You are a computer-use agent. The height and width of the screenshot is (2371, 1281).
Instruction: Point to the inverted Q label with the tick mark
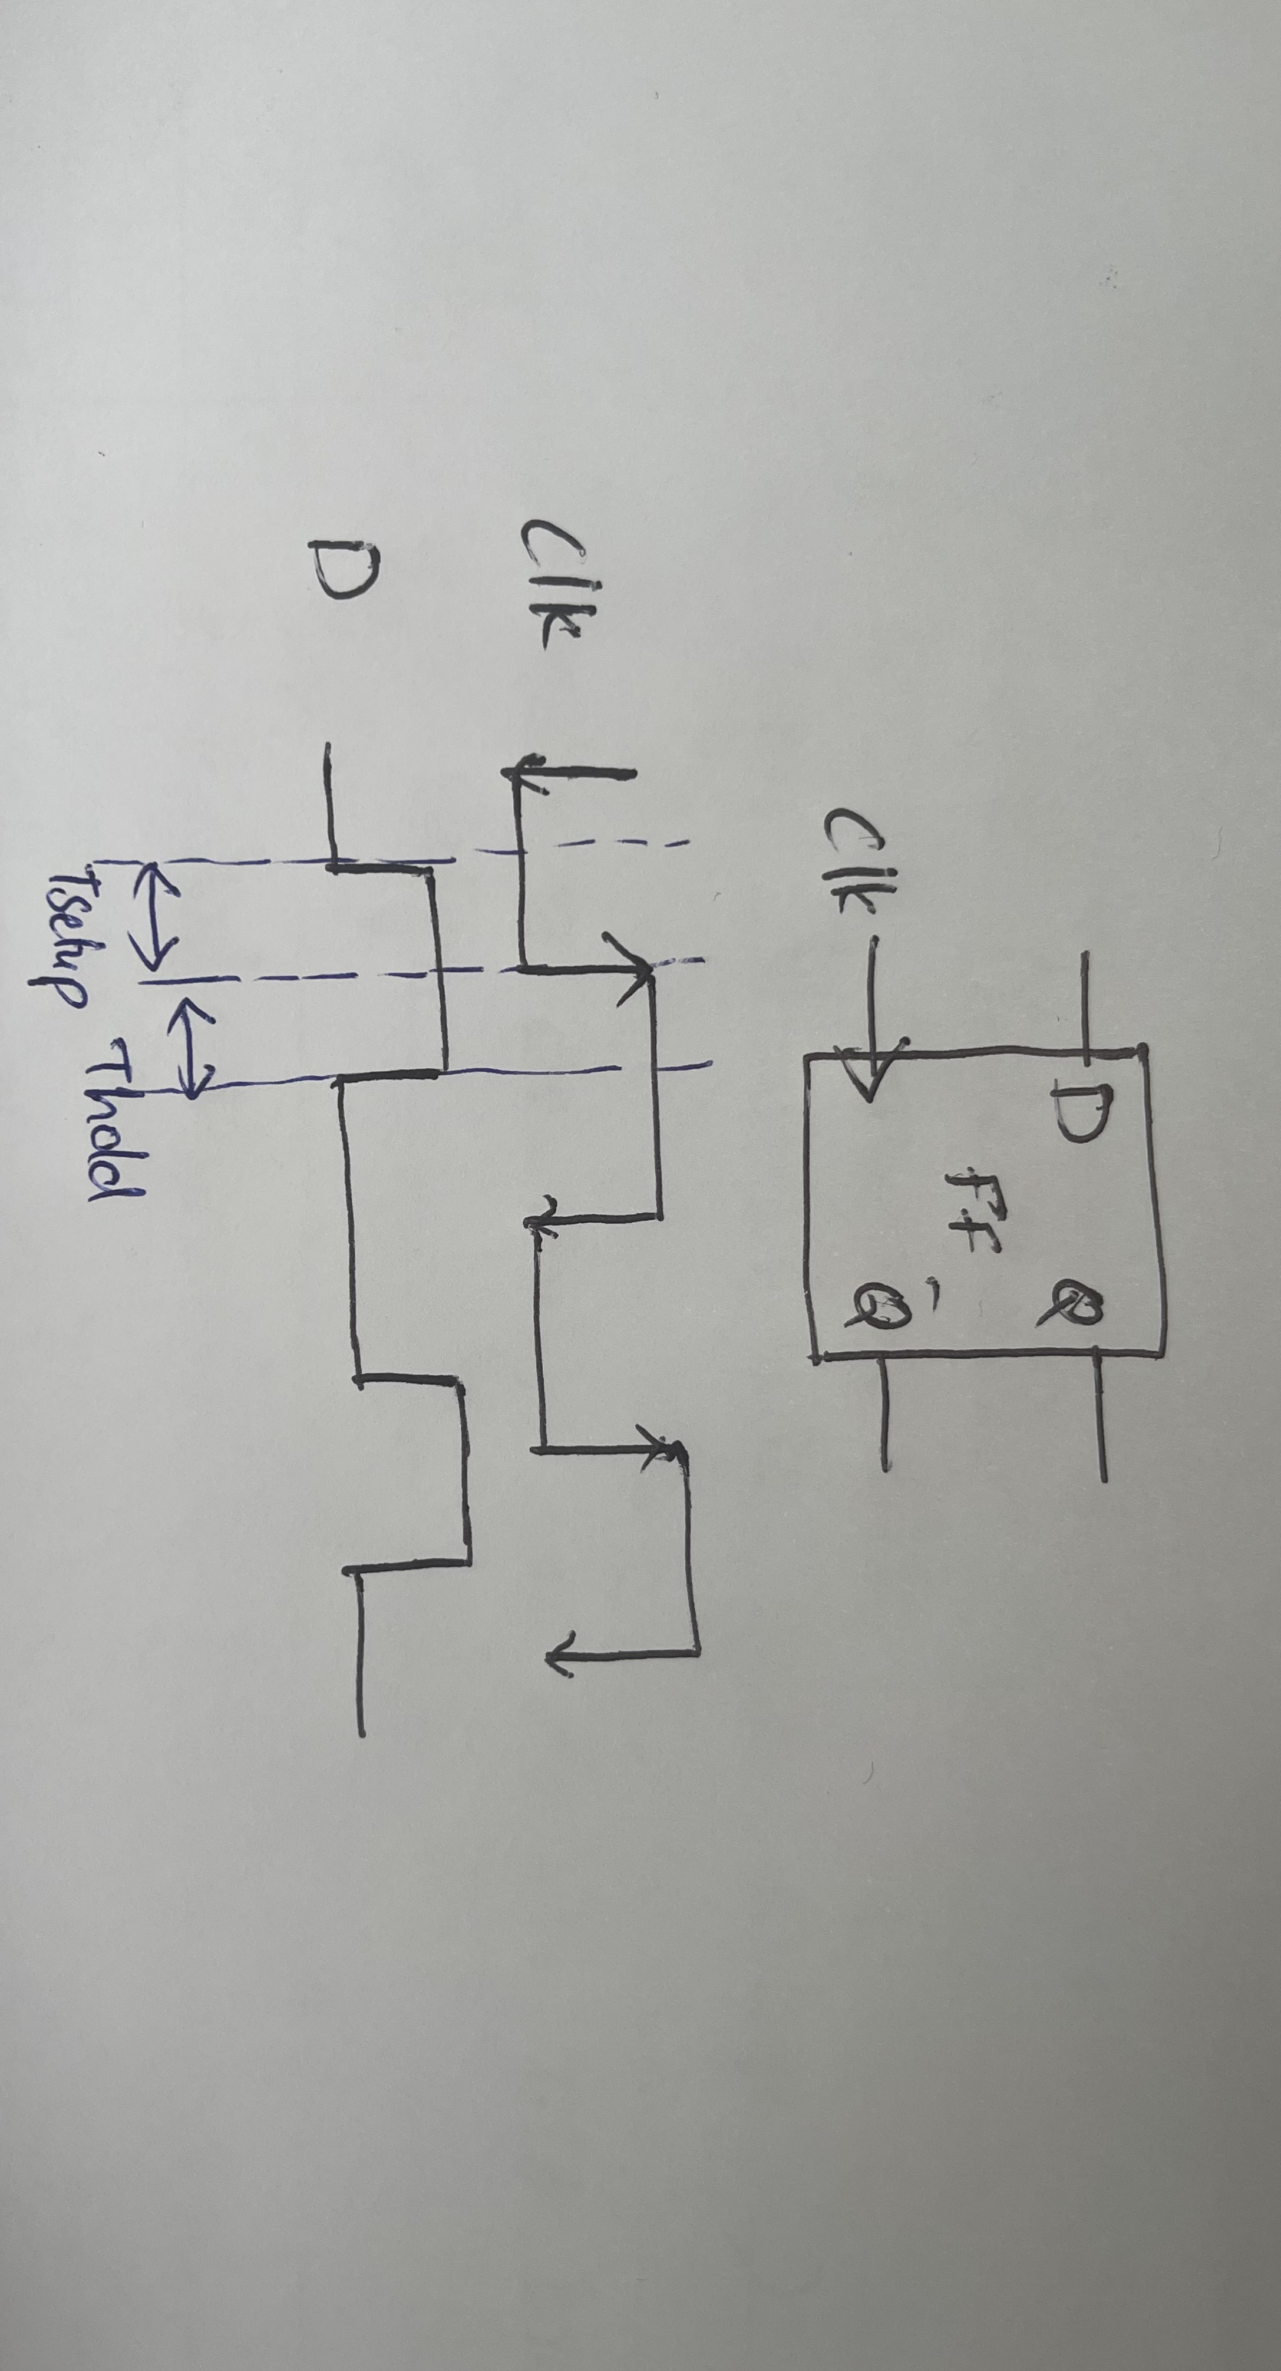point(879,1307)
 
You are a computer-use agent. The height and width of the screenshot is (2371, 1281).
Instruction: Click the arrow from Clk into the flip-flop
point(870,994)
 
